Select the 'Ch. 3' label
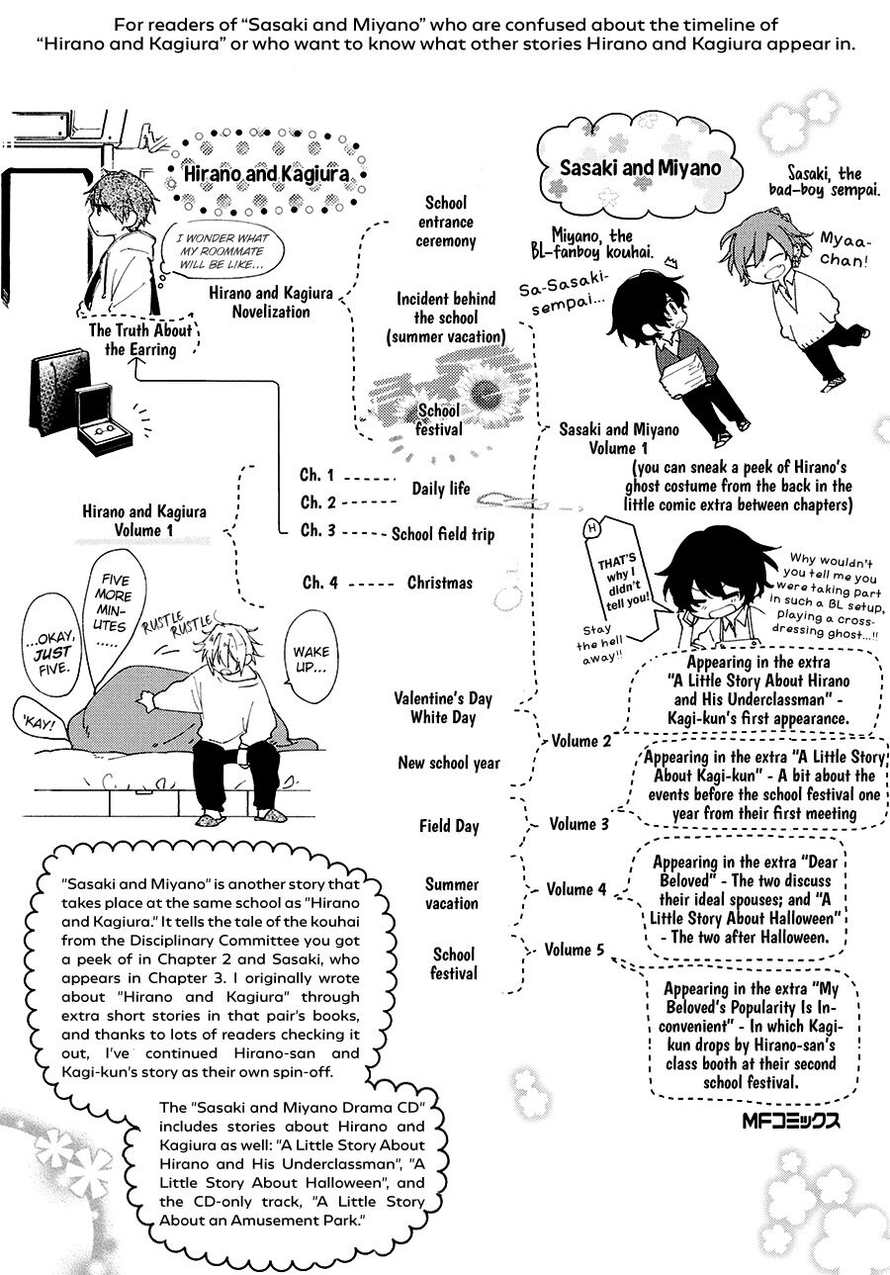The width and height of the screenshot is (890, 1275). click(x=318, y=530)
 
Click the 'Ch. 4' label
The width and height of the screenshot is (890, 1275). click(x=319, y=583)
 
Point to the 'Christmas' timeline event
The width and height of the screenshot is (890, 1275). click(x=440, y=583)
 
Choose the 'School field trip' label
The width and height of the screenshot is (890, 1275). click(x=443, y=534)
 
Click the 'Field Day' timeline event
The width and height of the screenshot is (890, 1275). click(x=449, y=826)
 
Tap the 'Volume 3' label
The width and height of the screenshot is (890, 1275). click(x=578, y=824)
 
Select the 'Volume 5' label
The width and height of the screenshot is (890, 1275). click(x=575, y=949)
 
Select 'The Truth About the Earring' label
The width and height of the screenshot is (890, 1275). click(x=140, y=339)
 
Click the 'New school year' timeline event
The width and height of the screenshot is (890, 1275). click(x=449, y=763)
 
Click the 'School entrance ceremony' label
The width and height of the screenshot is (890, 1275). click(x=446, y=222)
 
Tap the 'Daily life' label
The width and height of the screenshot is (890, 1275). click(x=441, y=489)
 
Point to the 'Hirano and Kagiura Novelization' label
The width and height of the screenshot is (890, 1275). click(x=271, y=303)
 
